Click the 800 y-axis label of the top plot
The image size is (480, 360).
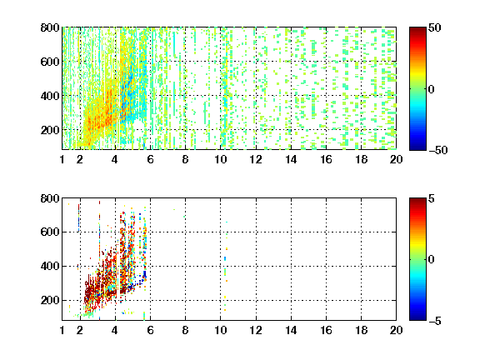click(50, 27)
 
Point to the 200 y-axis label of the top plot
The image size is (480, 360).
click(50, 130)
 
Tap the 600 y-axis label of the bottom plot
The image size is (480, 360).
click(50, 232)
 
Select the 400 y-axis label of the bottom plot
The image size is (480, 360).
click(50, 266)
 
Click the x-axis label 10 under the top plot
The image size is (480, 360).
click(220, 159)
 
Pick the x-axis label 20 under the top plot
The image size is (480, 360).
click(396, 159)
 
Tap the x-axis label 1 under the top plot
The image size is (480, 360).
click(62, 159)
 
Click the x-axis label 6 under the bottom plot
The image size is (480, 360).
click(150, 330)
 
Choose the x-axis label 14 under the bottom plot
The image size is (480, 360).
click(291, 330)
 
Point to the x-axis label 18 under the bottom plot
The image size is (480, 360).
click(361, 330)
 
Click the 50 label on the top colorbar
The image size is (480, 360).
click(435, 27)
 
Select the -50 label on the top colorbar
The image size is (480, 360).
click(437, 150)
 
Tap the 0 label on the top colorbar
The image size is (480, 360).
click(432, 89)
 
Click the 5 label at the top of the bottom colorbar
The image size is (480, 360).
click(432, 198)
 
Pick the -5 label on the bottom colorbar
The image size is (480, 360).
click(435, 321)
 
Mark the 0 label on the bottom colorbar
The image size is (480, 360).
click(432, 260)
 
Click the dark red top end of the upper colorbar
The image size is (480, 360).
click(417, 29)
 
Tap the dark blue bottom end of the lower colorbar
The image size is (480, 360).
click(417, 318)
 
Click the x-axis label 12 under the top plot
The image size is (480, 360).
click(256, 159)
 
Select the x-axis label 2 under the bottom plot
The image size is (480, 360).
click(80, 330)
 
